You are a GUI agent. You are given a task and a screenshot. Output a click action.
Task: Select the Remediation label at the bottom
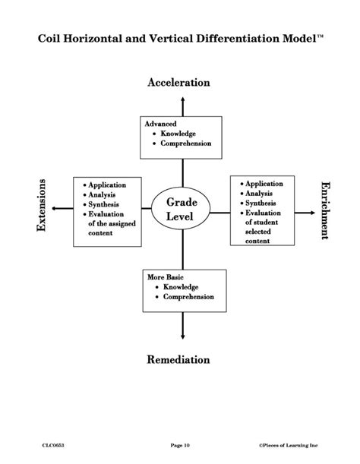[x=178, y=359]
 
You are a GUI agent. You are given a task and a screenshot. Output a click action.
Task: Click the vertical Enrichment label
[x=325, y=210]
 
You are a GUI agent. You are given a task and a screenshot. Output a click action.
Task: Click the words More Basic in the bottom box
[x=165, y=278]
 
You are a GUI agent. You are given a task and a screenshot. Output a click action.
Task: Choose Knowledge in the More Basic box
[x=180, y=287]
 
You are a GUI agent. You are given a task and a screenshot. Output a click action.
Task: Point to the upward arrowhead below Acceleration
[x=182, y=97]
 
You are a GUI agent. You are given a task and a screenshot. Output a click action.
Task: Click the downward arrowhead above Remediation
[x=182, y=336]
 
